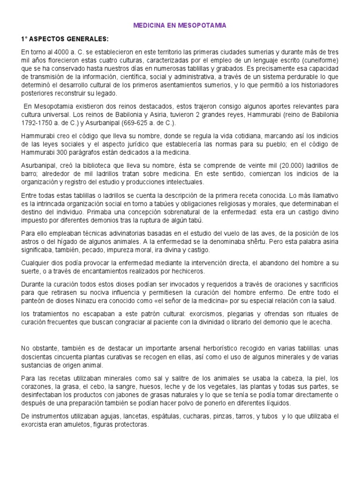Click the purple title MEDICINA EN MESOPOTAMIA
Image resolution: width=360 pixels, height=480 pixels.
click(x=180, y=26)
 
